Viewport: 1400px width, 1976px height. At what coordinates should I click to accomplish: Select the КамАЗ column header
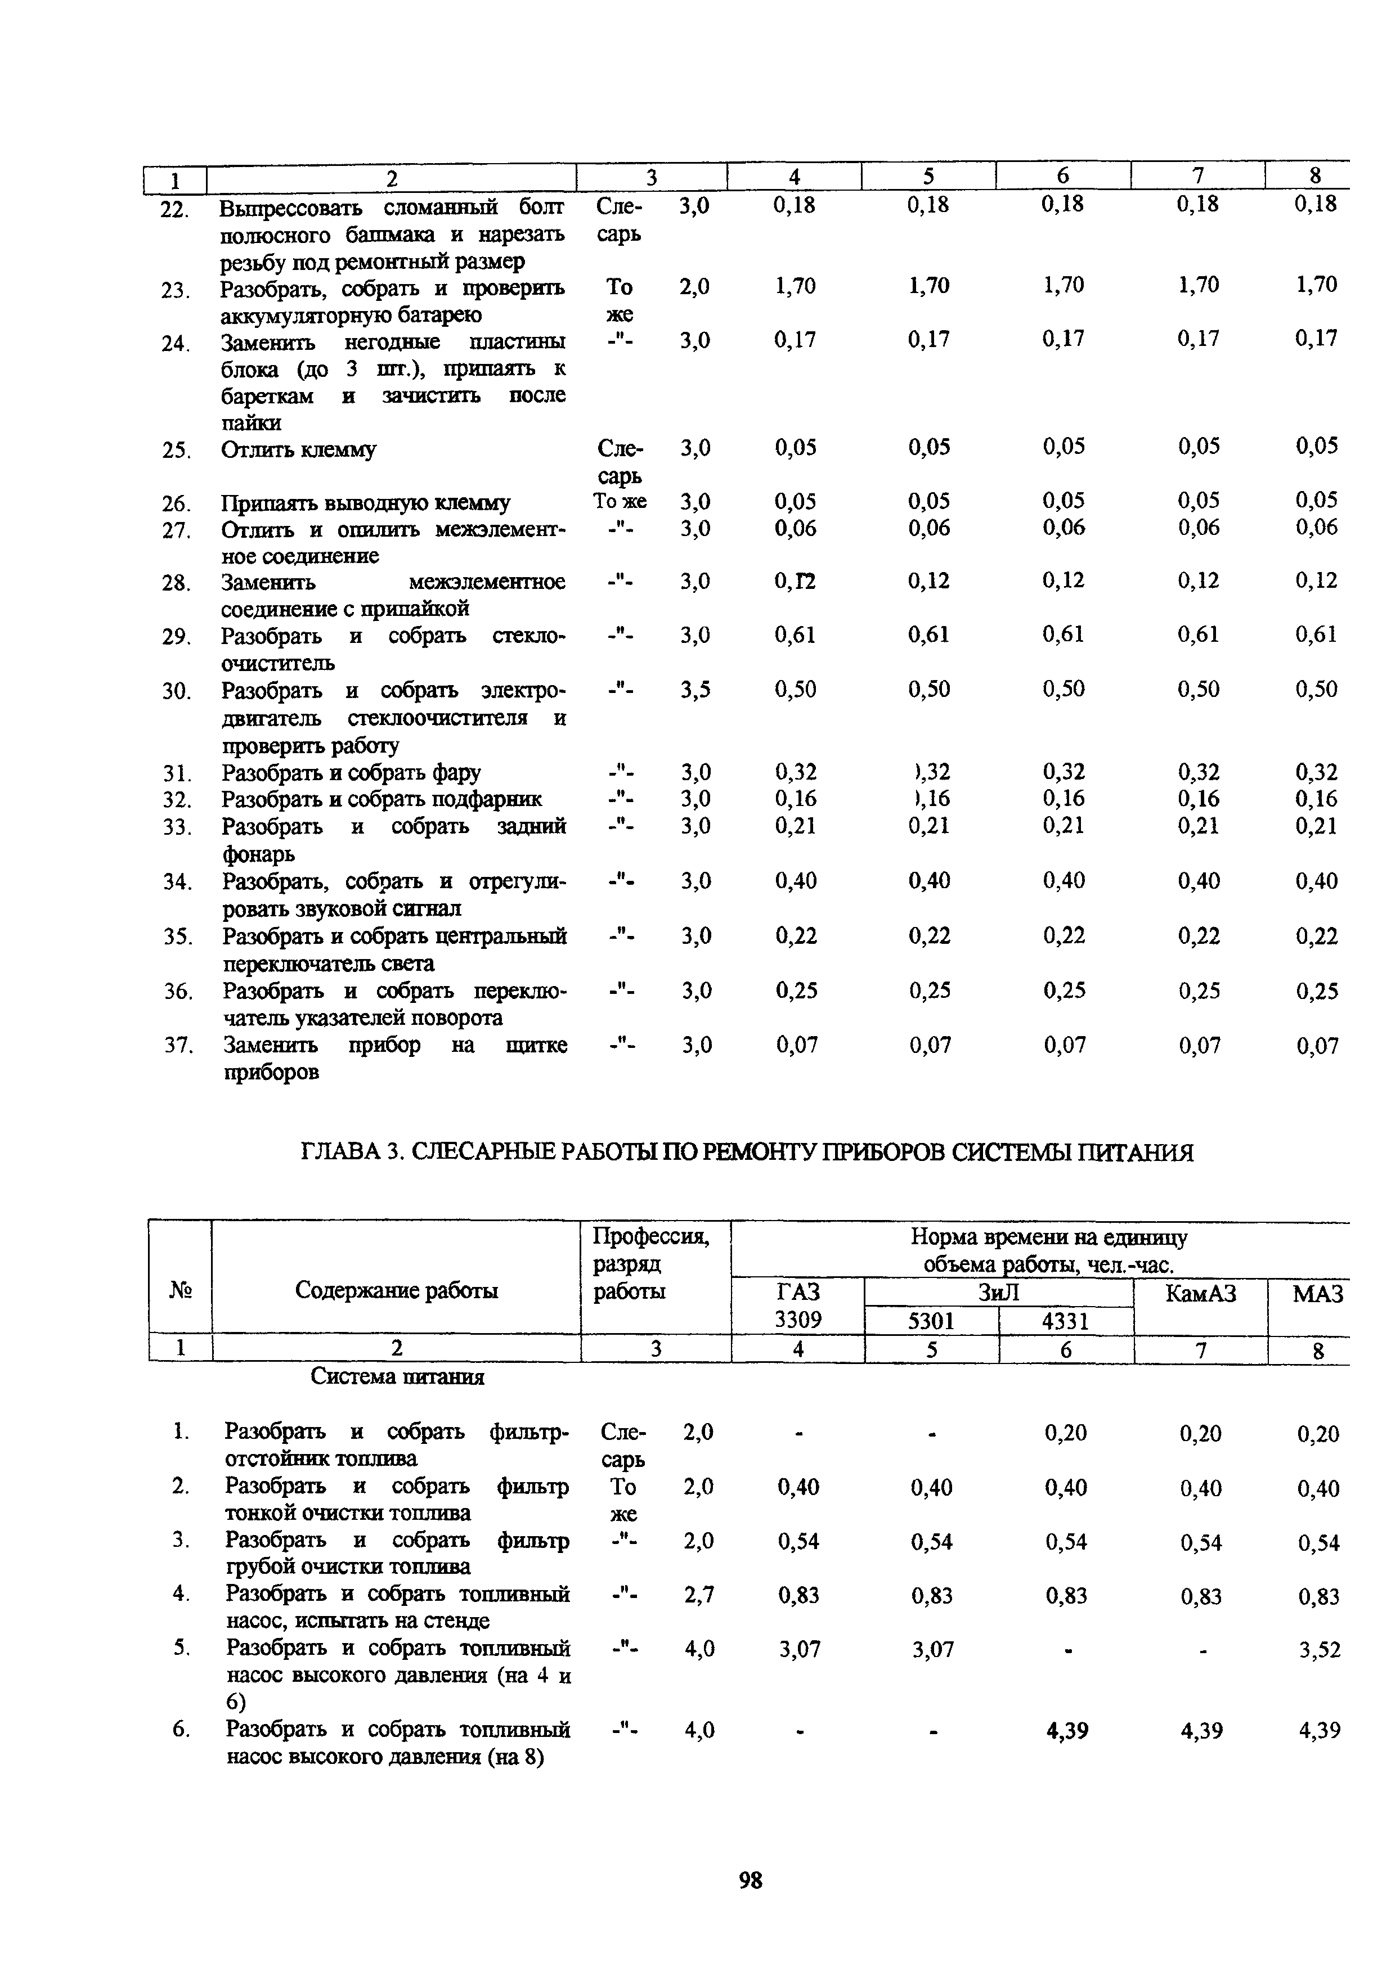[x=1200, y=1293]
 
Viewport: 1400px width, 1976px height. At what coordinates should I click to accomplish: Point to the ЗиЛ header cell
[x=998, y=1293]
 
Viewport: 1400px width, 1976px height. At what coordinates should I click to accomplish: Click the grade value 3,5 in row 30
[x=695, y=690]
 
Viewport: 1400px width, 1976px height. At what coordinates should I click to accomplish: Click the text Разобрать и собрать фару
[x=352, y=773]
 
